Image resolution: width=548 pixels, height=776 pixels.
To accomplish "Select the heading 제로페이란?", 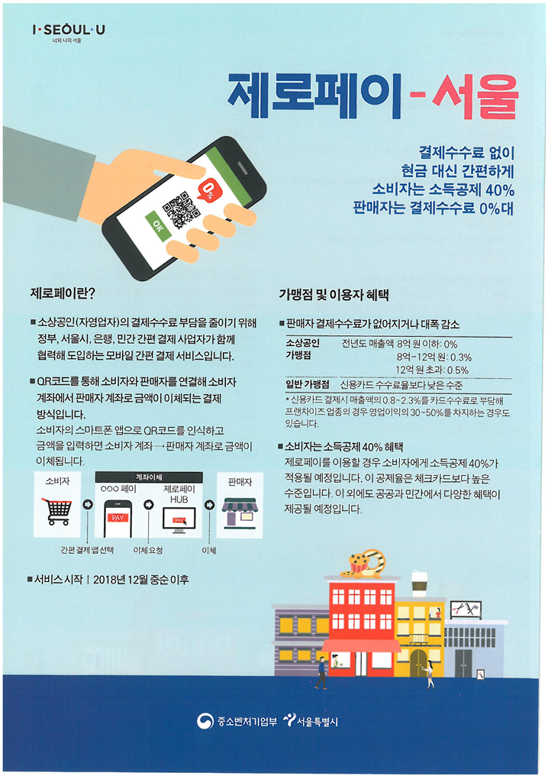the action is tap(63, 293).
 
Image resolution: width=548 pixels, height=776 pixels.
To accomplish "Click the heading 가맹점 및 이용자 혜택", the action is tap(334, 296).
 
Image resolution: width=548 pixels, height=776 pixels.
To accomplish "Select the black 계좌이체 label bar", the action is tap(149, 477).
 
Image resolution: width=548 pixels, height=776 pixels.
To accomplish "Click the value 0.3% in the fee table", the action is tap(461, 357).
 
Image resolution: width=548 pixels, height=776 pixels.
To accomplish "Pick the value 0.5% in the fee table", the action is tap(458, 370).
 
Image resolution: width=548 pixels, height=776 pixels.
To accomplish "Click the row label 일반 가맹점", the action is tap(307, 384).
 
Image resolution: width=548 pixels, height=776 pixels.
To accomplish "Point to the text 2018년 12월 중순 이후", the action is tap(141, 580).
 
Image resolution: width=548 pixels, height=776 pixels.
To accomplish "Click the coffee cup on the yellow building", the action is tap(420, 583).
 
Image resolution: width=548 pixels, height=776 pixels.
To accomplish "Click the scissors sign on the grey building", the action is tap(466, 609).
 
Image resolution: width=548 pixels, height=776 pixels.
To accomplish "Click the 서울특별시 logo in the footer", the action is tap(311, 721).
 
